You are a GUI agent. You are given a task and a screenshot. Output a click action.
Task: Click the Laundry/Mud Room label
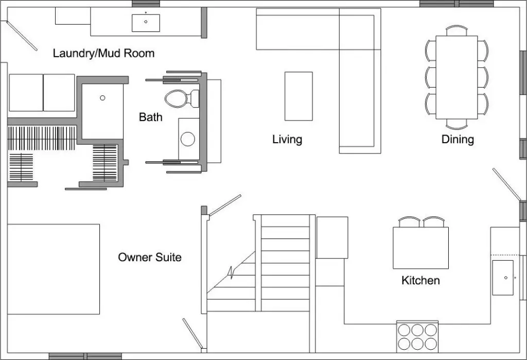(103, 53)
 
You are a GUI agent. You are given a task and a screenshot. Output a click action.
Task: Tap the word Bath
(150, 117)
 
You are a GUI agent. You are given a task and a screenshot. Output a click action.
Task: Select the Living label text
(287, 139)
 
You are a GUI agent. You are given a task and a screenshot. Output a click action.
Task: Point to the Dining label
(458, 139)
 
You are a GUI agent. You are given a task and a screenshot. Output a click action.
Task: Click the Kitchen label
(420, 281)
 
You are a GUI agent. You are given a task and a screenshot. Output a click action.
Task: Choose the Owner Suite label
(150, 257)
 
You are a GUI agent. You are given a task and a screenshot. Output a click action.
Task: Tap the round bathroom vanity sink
(188, 139)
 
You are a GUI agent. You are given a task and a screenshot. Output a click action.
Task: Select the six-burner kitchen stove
(417, 336)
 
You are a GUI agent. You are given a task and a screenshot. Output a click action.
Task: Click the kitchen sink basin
(503, 277)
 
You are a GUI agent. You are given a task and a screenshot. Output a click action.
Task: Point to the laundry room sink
(146, 23)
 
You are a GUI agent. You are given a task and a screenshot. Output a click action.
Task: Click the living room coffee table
(298, 96)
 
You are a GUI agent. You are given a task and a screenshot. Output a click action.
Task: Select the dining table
(456, 77)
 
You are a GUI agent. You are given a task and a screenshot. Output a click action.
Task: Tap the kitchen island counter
(420, 248)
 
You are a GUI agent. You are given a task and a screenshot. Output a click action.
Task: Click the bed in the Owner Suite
(54, 269)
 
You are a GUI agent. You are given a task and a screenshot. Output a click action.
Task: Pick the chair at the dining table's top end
(456, 30)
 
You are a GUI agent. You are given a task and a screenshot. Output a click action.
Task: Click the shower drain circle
(102, 97)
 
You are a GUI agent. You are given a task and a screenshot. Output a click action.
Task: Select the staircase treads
(285, 263)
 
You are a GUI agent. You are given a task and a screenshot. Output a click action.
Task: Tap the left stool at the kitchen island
(410, 222)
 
